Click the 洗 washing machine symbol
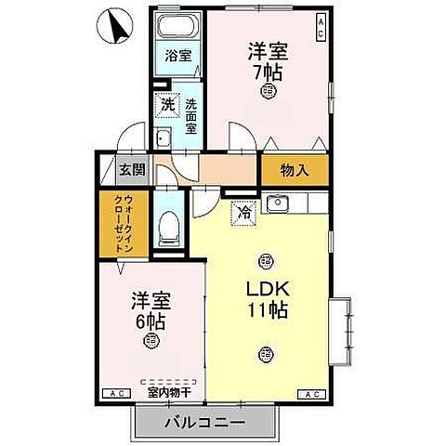pos(167,105)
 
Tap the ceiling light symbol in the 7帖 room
pos(268,90)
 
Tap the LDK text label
pos(268,289)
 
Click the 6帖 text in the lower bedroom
pos(151,321)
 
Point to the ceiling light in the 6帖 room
pos(151,341)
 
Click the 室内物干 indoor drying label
pos(169,391)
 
